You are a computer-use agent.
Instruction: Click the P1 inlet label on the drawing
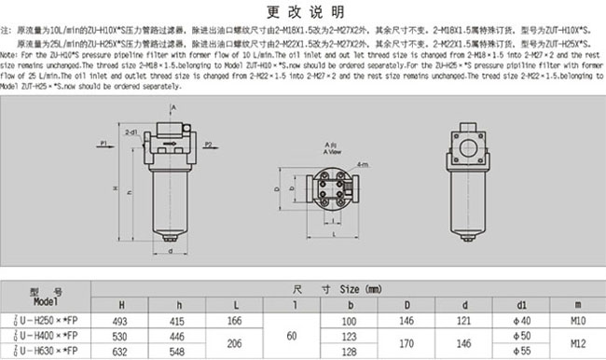(104, 143)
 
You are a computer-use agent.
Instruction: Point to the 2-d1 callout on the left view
(131, 134)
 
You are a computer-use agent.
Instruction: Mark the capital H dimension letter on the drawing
(115, 189)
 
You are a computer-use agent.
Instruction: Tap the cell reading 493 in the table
(120, 320)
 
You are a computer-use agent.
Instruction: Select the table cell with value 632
(120, 352)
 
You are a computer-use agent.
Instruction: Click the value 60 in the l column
(295, 336)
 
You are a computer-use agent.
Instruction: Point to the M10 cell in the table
(578, 320)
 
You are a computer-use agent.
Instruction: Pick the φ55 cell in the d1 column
(524, 352)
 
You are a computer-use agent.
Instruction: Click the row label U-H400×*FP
(47, 336)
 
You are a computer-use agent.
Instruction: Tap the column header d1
(524, 303)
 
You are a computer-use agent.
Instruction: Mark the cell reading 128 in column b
(351, 352)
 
